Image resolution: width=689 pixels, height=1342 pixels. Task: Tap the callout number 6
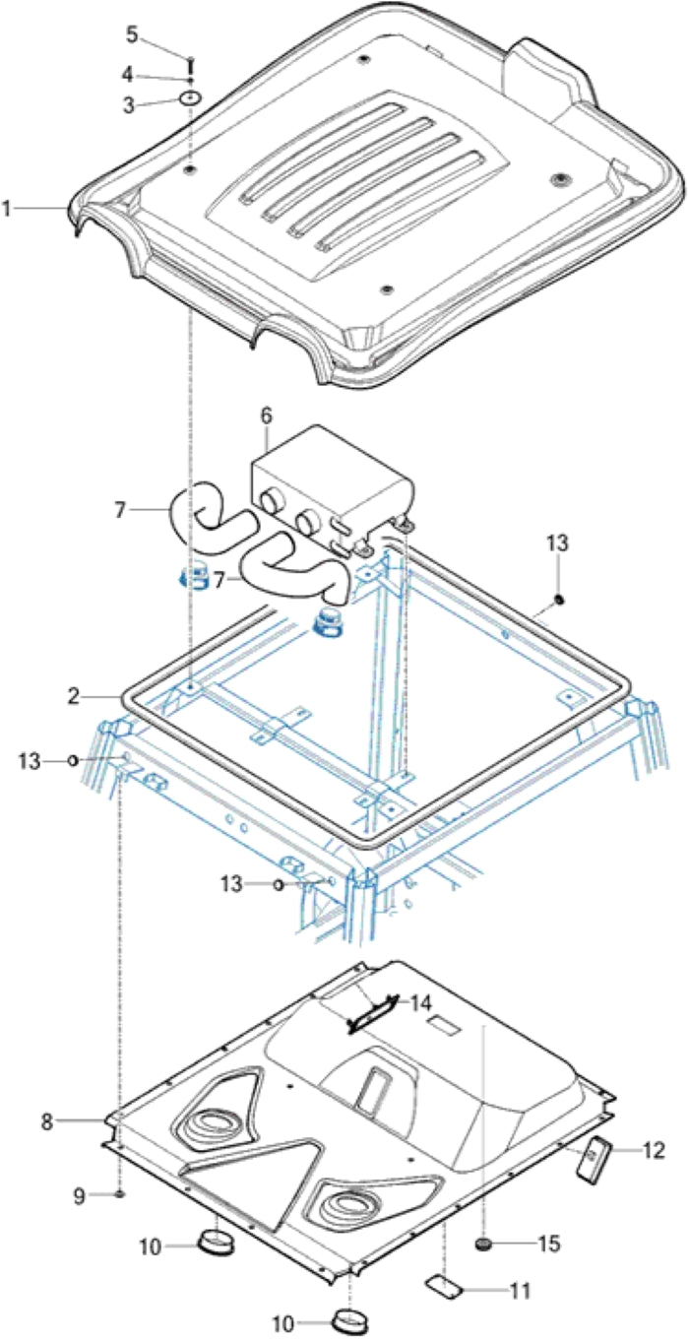point(265,416)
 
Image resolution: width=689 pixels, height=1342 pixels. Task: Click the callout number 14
point(420,1004)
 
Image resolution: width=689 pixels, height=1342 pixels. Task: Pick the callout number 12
point(654,1149)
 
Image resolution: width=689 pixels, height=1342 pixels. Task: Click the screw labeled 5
point(187,57)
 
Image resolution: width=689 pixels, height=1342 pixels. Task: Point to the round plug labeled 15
point(483,1246)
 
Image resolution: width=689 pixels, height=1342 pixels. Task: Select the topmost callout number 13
point(558,543)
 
